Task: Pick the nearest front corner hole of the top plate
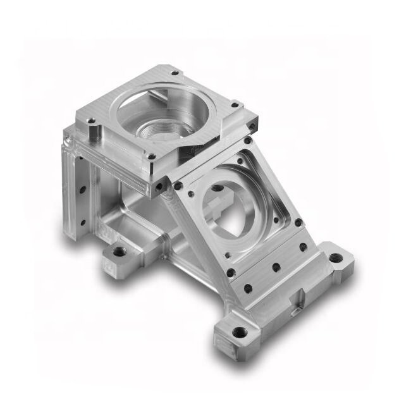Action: coord(150,156)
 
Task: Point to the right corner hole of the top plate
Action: coord(235,105)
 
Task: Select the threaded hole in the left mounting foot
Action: coord(119,254)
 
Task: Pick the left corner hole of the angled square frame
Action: coord(179,186)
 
